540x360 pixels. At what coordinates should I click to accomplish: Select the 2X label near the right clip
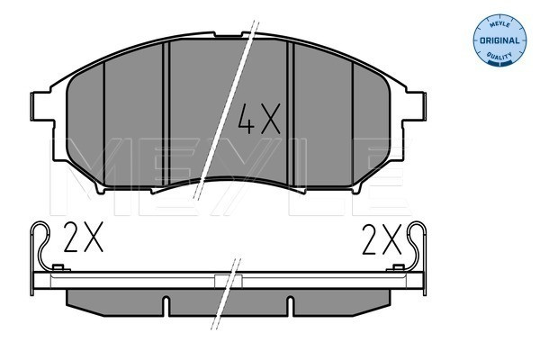pyautogui.click(x=381, y=239)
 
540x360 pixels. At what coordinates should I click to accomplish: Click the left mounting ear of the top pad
pyautogui.click(x=41, y=105)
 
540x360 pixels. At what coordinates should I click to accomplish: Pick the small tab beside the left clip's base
pyautogui.click(x=58, y=267)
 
